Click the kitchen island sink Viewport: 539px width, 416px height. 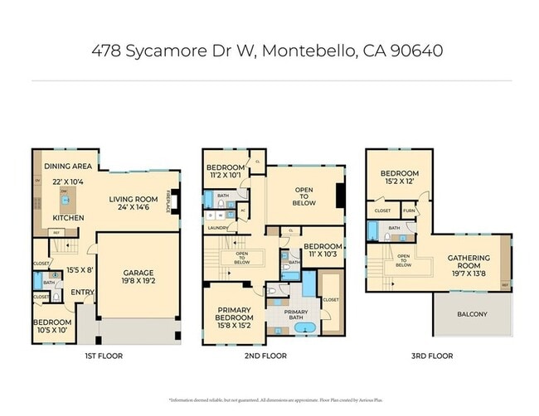pyautogui.click(x=64, y=200)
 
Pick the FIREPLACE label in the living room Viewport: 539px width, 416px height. pyautogui.click(x=170, y=202)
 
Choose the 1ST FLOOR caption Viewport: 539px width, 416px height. pyautogui.click(x=105, y=356)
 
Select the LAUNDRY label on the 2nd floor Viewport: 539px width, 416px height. pyautogui.click(x=218, y=227)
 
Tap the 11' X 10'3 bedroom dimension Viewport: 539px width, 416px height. pyautogui.click(x=322, y=255)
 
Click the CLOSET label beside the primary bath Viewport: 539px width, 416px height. pyautogui.click(x=329, y=299)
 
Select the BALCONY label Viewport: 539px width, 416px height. pyautogui.click(x=473, y=314)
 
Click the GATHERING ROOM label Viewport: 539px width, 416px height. pyautogui.click(x=469, y=259)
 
